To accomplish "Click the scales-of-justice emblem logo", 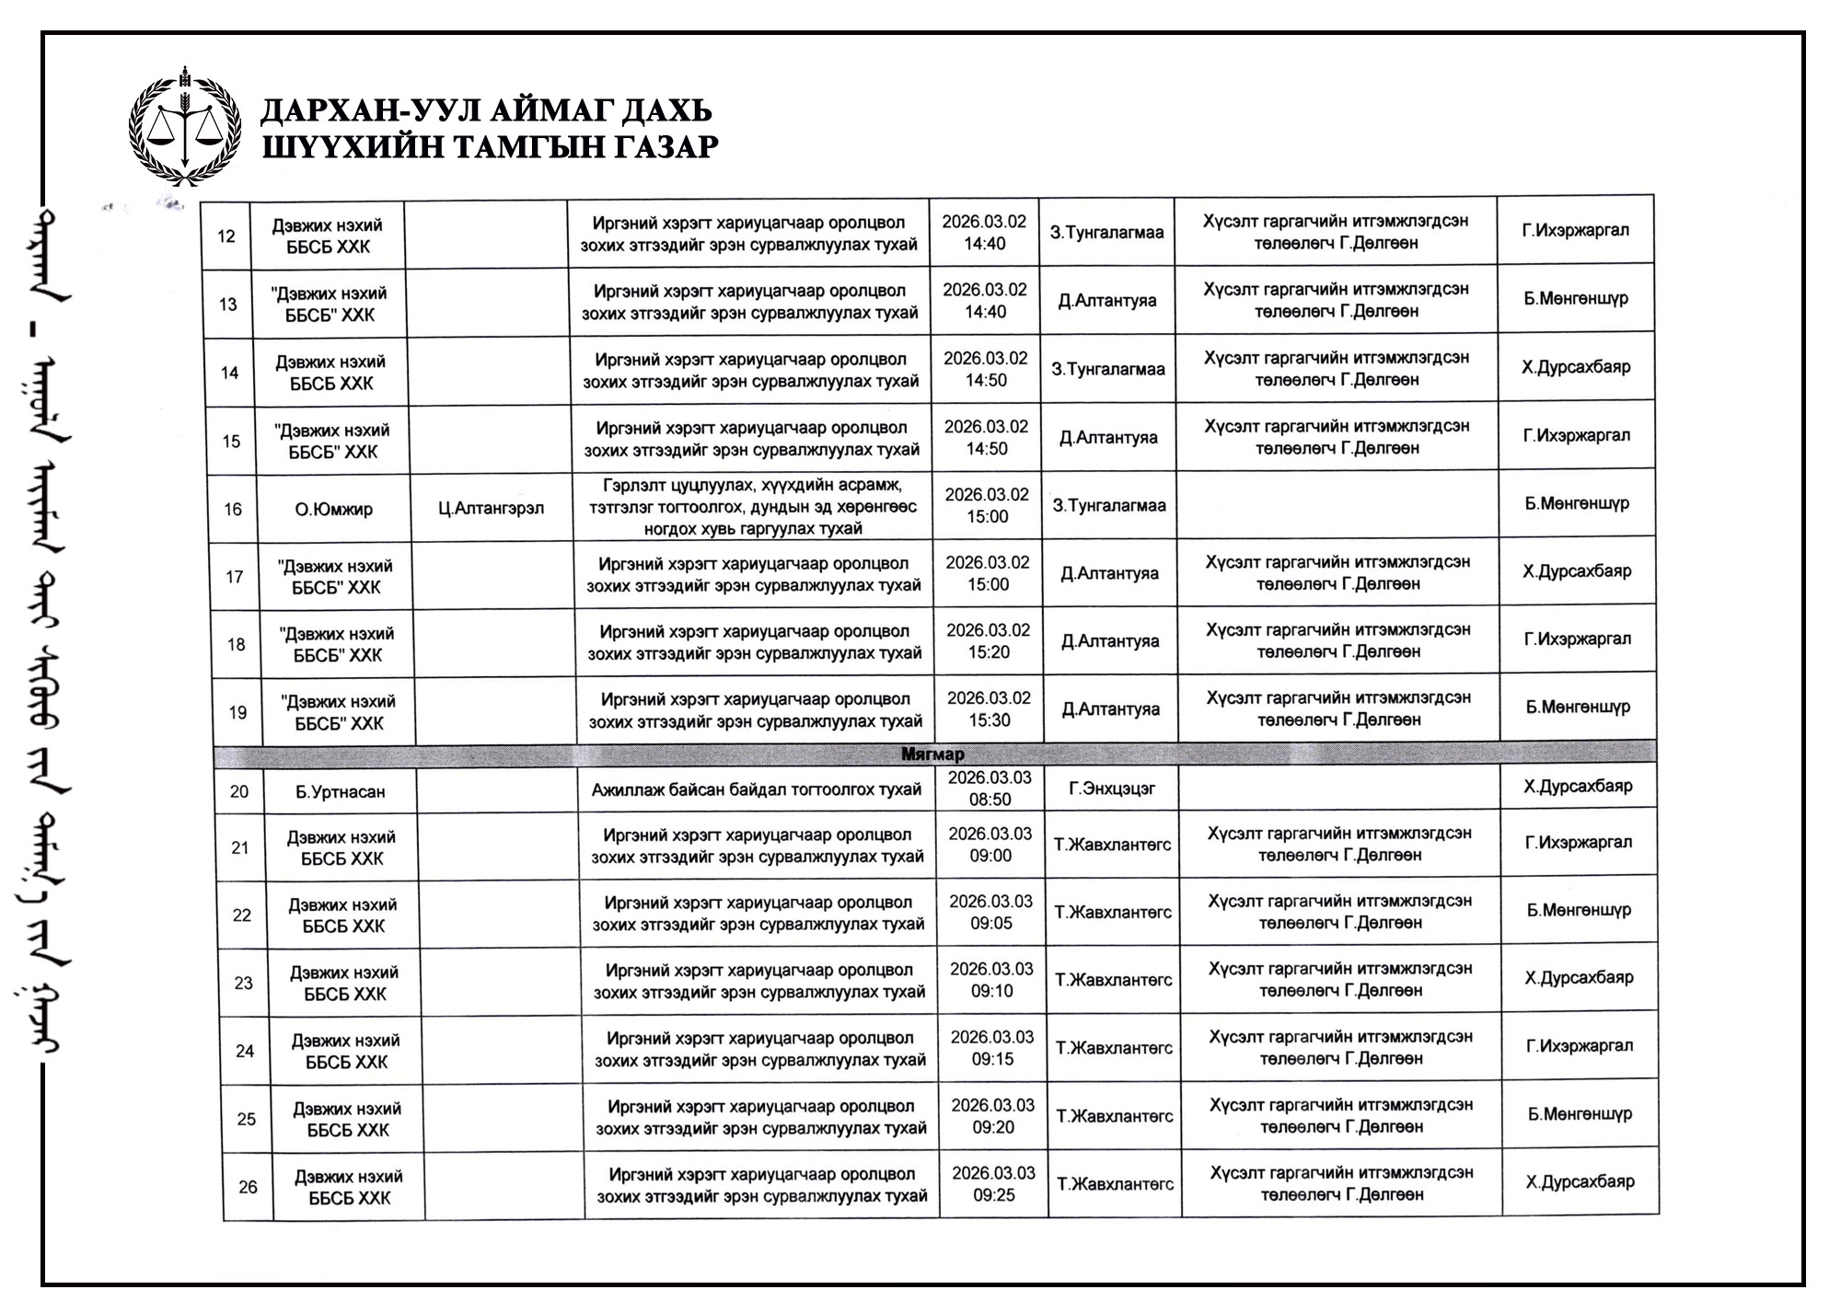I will click(x=184, y=127).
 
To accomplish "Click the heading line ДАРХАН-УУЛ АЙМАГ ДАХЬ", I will click(x=486, y=111).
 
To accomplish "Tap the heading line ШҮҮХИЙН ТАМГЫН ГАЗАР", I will click(x=490, y=146).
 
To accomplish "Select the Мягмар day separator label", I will click(x=932, y=754).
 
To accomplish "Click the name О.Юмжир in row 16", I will click(x=333, y=509).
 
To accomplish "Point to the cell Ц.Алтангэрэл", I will click(x=492, y=508).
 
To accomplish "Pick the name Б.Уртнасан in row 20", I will click(x=340, y=791).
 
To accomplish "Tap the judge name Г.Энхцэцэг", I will click(x=1111, y=789).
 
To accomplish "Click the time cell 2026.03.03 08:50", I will click(x=990, y=789).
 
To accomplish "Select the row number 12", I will click(x=226, y=236).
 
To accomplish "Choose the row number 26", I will click(x=248, y=1187).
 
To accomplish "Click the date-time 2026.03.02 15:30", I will click(x=989, y=709).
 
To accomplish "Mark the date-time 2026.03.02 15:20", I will click(x=988, y=641).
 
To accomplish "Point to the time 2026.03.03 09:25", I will click(x=993, y=1184).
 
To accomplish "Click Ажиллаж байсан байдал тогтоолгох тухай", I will click(x=756, y=789).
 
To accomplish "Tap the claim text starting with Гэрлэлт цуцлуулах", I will click(x=753, y=506).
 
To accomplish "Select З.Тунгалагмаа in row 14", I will click(x=1108, y=369).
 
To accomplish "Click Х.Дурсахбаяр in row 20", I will click(x=1578, y=786).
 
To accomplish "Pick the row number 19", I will click(x=237, y=712).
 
